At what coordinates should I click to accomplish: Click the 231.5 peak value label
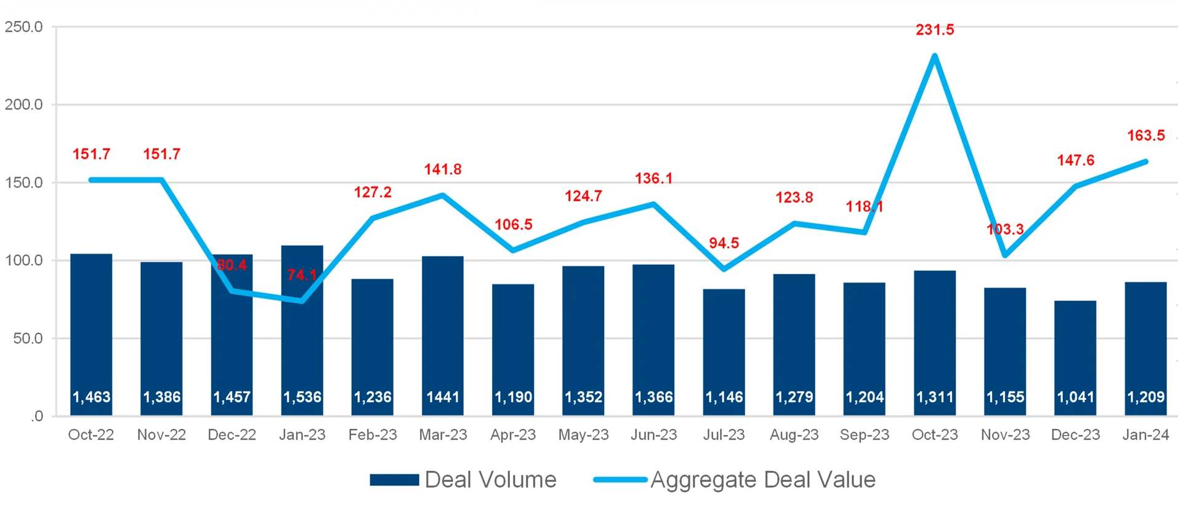[x=935, y=30]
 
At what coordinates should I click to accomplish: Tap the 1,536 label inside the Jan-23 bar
[x=302, y=397]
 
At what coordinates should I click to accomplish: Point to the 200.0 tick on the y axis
[x=24, y=105]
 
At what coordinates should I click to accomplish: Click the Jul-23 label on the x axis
[x=724, y=435]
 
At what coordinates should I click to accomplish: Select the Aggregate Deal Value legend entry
[x=734, y=480]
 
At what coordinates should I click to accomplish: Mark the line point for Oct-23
[x=935, y=56]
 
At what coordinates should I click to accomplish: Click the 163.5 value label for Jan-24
[x=1145, y=135]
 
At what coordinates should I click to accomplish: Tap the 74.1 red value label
[x=302, y=275]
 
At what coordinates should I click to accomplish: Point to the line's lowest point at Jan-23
[x=302, y=300]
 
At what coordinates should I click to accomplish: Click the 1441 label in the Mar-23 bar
[x=443, y=397]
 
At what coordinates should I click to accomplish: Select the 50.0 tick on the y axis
[x=28, y=339]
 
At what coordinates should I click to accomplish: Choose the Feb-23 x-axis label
[x=373, y=435]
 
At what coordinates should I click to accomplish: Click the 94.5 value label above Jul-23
[x=724, y=243]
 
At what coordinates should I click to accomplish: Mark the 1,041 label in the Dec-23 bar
[x=1075, y=397]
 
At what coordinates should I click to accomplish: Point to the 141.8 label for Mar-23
[x=443, y=169]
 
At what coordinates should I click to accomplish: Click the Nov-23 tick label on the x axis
[x=1005, y=435]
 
